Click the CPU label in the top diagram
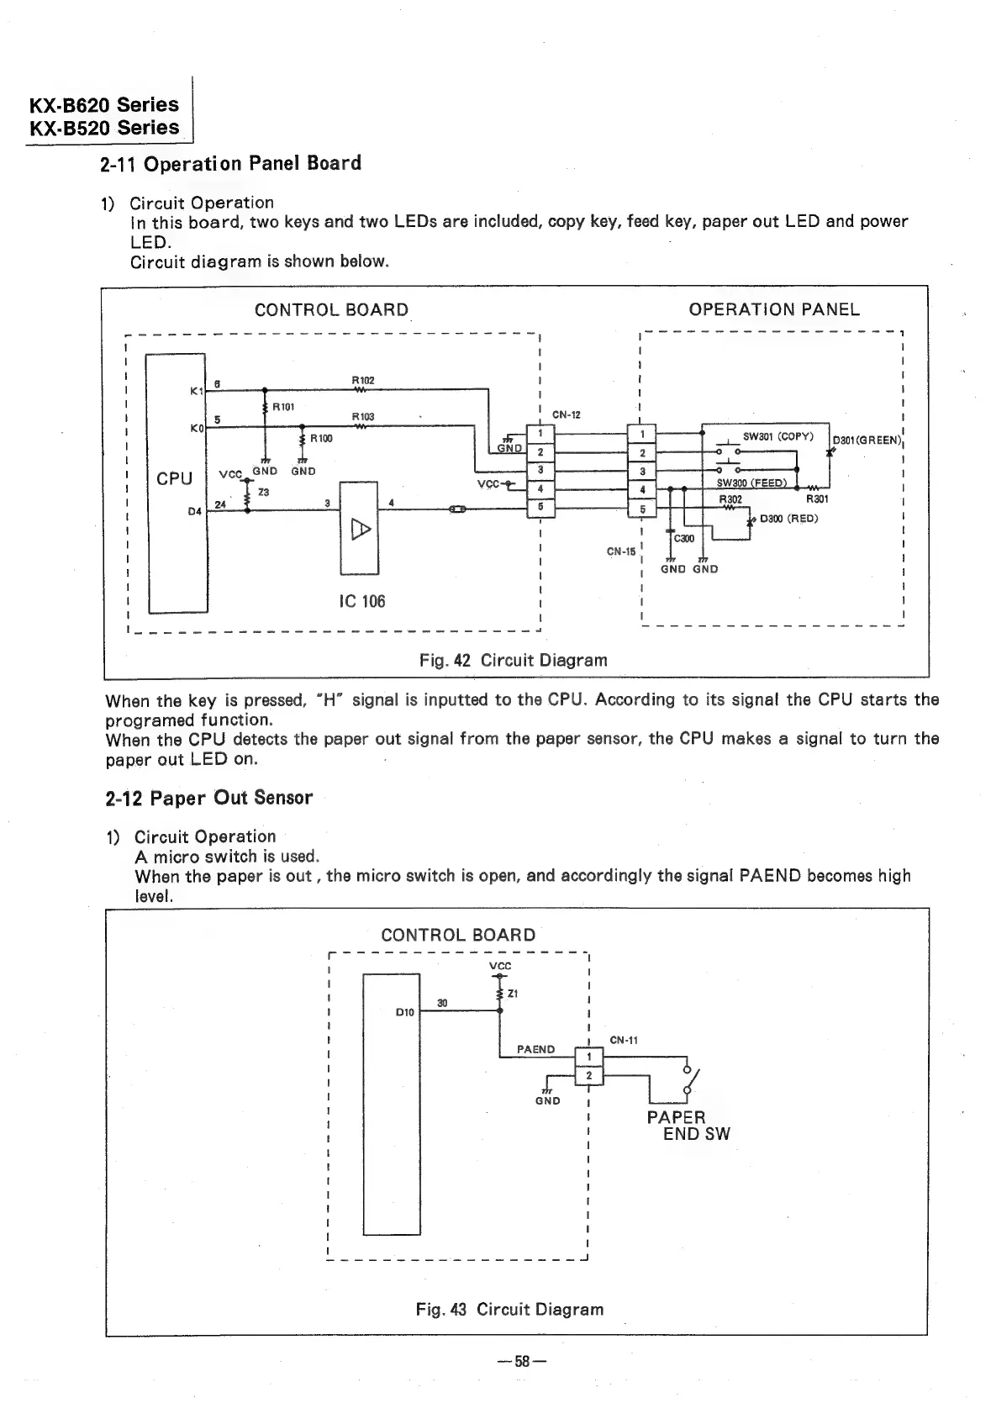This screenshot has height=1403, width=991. pos(174,478)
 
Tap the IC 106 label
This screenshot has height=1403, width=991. pos(362,601)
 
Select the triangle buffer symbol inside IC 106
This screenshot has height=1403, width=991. pos(360,529)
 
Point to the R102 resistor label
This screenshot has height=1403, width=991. pos(361,380)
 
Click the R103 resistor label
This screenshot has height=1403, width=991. pos(362,416)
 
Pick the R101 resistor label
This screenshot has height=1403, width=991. pos(283,407)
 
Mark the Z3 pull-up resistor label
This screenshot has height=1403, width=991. pos(263,492)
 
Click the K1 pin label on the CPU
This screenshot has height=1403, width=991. pos(197,391)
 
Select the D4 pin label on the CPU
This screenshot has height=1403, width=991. pos(195,511)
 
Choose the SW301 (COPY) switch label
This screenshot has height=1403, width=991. pos(778,436)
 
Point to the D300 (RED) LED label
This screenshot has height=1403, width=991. pos(788,519)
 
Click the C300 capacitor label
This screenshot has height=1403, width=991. pos(684,538)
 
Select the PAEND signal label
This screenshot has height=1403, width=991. pos(535,1049)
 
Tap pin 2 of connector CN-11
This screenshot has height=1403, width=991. pos(589,1075)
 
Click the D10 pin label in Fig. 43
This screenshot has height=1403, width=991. pos(404,1012)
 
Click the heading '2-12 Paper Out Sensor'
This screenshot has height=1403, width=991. pos(208,798)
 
